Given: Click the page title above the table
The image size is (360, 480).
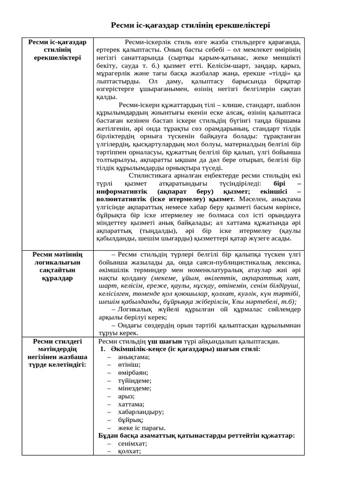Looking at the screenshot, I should click(190, 25).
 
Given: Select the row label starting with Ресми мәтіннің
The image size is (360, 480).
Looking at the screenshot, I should click(58, 266).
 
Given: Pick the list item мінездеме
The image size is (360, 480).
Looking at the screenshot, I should click(135, 388).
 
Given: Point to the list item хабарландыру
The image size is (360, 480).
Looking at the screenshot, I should click(141, 412).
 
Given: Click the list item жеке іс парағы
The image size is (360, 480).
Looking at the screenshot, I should click(142, 427).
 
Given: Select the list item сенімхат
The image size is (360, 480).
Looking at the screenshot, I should click(133, 443).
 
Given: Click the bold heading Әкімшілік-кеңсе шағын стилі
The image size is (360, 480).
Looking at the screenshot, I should click(186, 349).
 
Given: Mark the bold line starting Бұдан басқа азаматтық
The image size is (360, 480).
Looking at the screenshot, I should click(196, 435).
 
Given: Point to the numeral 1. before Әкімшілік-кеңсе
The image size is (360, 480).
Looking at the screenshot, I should click(103, 349).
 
